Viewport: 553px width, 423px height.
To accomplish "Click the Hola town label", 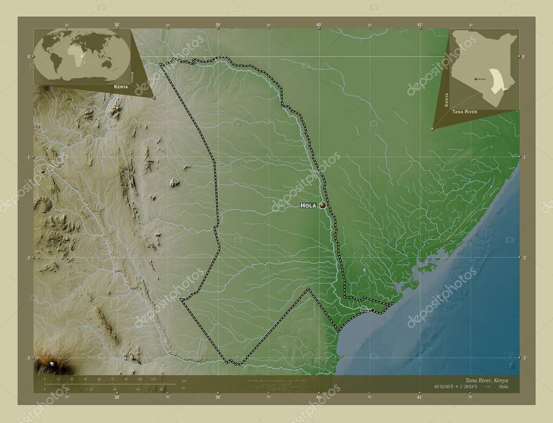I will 308,206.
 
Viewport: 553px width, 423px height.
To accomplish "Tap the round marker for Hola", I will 322,205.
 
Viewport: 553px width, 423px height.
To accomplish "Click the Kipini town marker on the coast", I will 372,310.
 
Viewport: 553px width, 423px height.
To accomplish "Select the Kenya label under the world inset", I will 121,87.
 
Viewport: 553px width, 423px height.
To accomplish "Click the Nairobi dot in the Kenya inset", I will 476,79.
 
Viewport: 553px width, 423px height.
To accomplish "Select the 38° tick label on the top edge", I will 117,25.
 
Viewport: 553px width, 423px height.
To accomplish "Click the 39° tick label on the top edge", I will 218,25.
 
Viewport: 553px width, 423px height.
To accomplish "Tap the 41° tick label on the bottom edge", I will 420,397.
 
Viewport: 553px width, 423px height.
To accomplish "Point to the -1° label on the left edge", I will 28,157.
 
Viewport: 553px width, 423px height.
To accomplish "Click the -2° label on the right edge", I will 524,258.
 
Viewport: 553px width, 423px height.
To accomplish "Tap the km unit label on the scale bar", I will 184,381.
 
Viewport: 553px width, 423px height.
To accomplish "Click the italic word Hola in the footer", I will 503,387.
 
